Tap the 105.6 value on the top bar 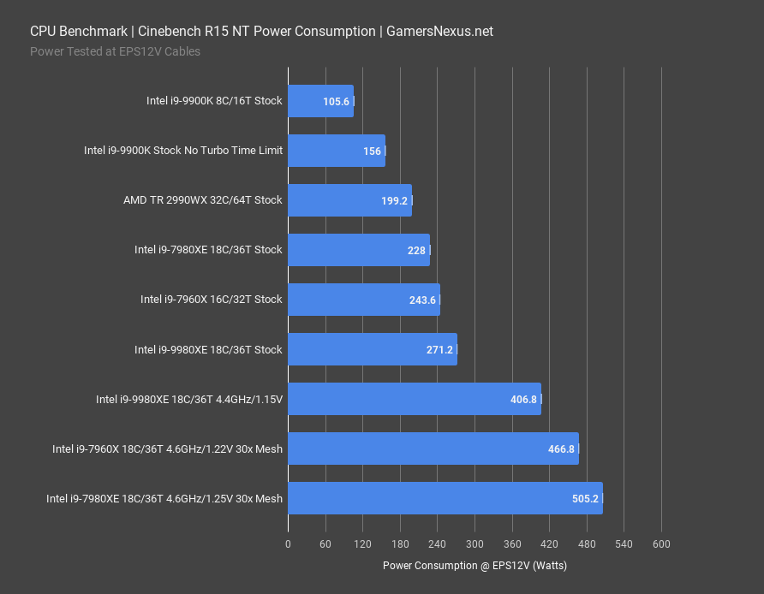coord(336,101)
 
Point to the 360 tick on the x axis coord(511,544)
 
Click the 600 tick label coord(661,544)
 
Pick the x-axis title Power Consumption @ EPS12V coord(475,565)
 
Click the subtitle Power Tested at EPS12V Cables coord(115,50)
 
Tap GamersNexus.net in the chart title coord(440,32)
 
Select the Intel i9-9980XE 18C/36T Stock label coord(208,349)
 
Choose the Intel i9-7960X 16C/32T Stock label coord(211,300)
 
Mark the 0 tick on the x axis coord(288,544)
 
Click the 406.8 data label coord(522,399)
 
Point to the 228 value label coord(417,250)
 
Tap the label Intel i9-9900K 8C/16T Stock coord(214,101)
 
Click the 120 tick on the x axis coord(362,544)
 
